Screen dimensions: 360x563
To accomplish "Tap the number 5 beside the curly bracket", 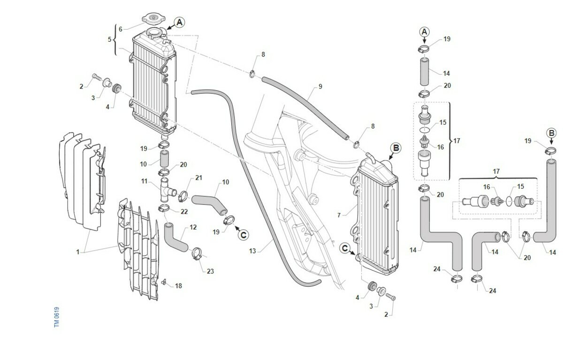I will pyautogui.click(x=110, y=39).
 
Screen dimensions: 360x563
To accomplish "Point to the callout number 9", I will pyautogui.click(x=320, y=86).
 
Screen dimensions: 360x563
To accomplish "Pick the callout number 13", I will pyautogui.click(x=252, y=251).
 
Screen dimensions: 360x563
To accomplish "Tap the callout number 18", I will pyautogui.click(x=178, y=286).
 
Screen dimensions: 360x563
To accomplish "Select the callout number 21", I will pyautogui.click(x=198, y=178).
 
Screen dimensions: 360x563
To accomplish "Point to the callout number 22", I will pyautogui.click(x=184, y=212).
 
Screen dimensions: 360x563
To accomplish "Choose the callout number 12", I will pyautogui.click(x=193, y=228).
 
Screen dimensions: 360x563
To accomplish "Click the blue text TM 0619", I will pyautogui.click(x=57, y=317).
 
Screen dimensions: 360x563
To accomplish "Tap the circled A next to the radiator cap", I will pyautogui.click(x=179, y=22).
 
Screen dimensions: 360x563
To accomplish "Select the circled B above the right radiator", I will pyautogui.click(x=396, y=148).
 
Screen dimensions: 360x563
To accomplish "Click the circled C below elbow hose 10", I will pyautogui.click(x=243, y=234).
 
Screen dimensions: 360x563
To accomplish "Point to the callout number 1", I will pyautogui.click(x=77, y=252).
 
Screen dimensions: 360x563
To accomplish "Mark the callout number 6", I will pyautogui.click(x=120, y=29).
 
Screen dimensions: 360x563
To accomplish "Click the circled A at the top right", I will pyautogui.click(x=424, y=32).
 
